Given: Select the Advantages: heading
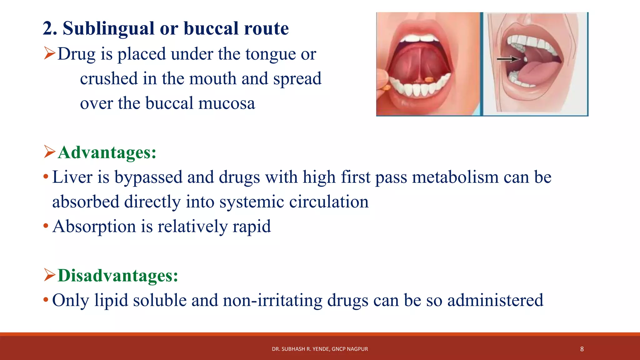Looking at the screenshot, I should pos(107,152).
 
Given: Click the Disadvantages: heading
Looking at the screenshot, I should pos(118,276).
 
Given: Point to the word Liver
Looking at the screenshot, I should pos(72,177).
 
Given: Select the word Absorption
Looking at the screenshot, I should pos(94,226).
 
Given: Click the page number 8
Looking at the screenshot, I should pos(582,349).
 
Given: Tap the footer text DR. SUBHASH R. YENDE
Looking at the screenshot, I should pos(300,349).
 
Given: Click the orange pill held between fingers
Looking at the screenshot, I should pos(387,88).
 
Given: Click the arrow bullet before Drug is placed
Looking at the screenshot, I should pos(49,53).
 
